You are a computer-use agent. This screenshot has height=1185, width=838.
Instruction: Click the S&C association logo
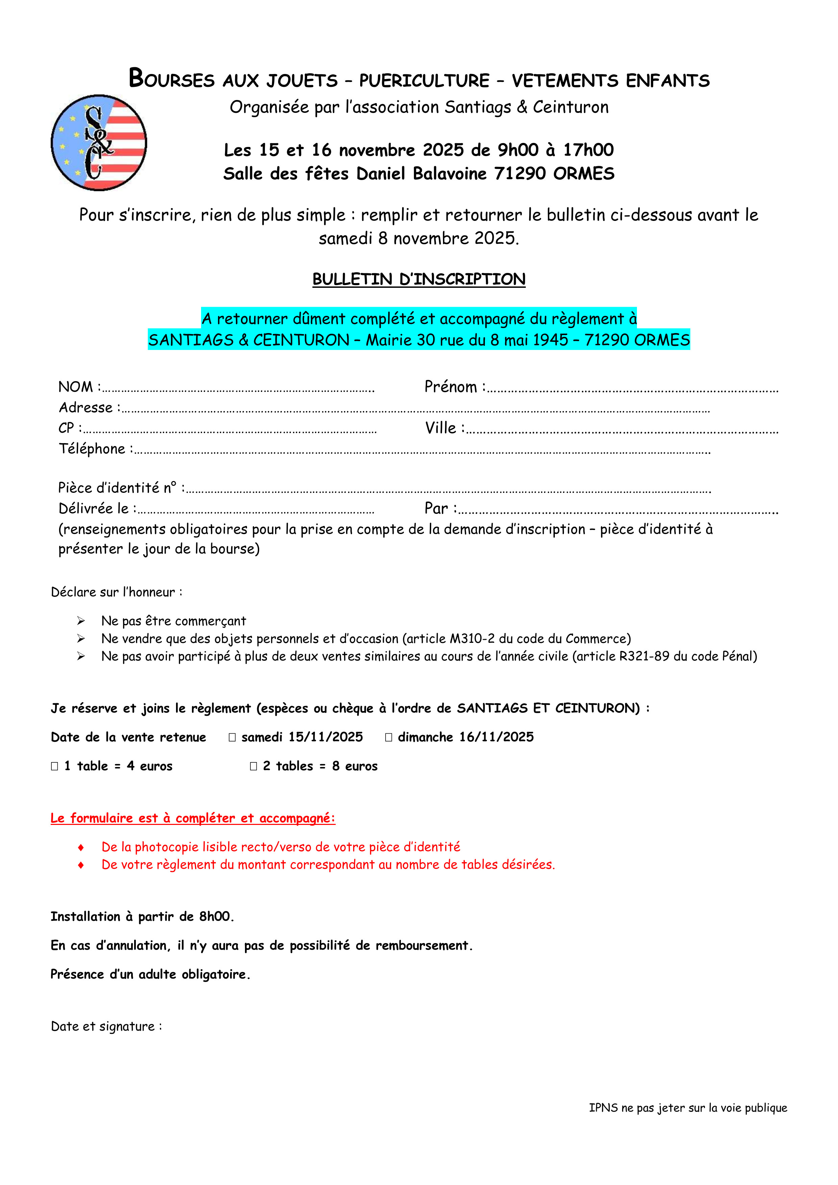pyautogui.click(x=99, y=143)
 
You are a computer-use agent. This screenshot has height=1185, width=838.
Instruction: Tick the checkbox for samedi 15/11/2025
pyautogui.click(x=232, y=737)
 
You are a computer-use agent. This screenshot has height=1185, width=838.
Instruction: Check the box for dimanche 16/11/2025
pyautogui.click(x=389, y=737)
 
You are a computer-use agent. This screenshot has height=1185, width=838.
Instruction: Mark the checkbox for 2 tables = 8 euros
pyautogui.click(x=253, y=766)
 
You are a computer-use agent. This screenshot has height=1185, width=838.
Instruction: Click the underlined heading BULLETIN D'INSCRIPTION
pyautogui.click(x=419, y=279)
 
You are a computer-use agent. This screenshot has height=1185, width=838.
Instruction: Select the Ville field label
pyautogui.click(x=441, y=428)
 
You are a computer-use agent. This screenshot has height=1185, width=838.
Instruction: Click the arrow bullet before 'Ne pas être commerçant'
pyautogui.click(x=81, y=621)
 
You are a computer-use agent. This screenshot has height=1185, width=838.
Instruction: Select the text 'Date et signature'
pyautogui.click(x=103, y=1027)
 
